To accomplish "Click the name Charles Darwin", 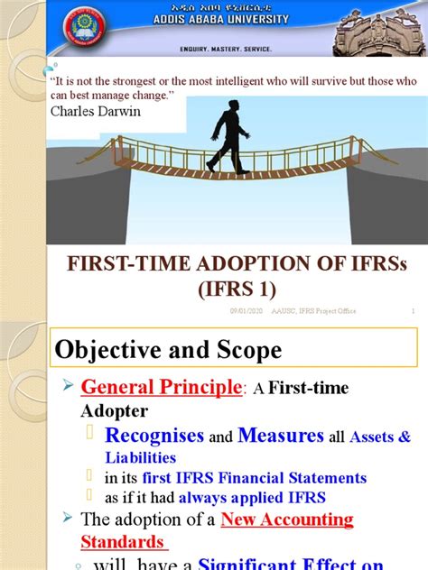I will pos(89,112).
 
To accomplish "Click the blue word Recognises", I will pos(155,436).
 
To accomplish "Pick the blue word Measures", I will pos(281,436).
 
